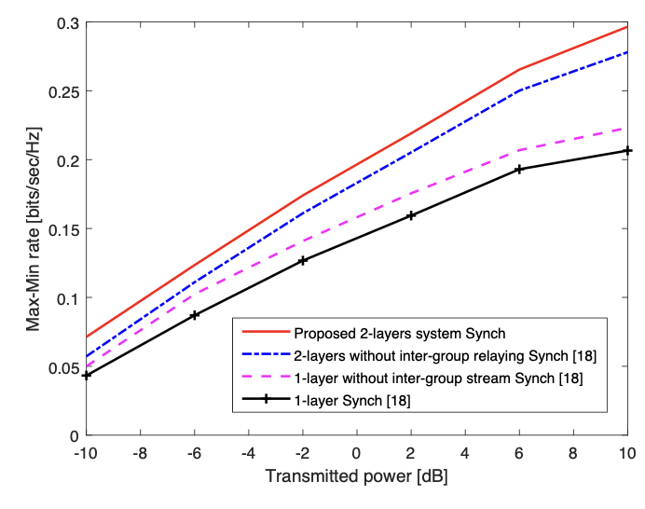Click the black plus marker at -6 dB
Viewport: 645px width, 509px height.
coord(195,315)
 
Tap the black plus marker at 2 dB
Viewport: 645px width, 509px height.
coord(411,215)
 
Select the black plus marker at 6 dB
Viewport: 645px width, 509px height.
coord(519,169)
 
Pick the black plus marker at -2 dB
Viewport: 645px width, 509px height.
coord(303,260)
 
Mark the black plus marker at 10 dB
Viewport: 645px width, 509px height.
coord(627,151)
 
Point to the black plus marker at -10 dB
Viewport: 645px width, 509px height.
coord(87,376)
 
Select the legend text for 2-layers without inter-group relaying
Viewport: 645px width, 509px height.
coord(446,356)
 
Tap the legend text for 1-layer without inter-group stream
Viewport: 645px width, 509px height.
coord(438,378)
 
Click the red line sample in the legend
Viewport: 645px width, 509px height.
coord(267,331)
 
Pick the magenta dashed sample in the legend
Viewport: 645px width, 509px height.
coord(267,376)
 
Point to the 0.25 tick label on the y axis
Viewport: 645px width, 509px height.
coord(63,91)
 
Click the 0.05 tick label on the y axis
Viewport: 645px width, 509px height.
coord(63,367)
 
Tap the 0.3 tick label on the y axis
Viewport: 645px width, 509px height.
coord(68,23)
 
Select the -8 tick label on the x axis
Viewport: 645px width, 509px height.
coord(140,453)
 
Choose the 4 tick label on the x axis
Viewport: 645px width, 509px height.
coord(465,453)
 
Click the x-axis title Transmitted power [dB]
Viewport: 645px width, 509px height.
coord(357,476)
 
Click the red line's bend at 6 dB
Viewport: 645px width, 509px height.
coord(519,70)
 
